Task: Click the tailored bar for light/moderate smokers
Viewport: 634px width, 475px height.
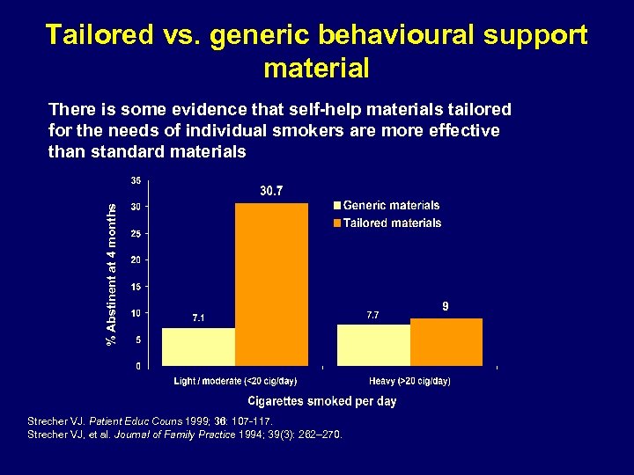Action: (271, 284)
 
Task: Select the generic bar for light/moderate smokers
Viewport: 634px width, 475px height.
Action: (198, 347)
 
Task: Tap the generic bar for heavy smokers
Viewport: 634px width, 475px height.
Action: (374, 345)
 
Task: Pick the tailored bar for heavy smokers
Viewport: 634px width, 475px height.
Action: (446, 341)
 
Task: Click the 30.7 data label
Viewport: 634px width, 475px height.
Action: (271, 191)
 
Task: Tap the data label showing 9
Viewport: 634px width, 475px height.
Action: (446, 306)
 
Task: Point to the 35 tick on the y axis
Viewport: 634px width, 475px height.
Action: (136, 180)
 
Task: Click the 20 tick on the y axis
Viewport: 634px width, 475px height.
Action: (136, 259)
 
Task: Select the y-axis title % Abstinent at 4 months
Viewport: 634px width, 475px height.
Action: (111, 272)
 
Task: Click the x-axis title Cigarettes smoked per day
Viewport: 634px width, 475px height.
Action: (321, 401)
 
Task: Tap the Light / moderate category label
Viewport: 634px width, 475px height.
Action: (235, 381)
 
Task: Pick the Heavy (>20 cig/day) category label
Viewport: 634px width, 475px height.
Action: (409, 381)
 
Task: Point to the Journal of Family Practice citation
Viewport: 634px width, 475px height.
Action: (186, 434)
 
